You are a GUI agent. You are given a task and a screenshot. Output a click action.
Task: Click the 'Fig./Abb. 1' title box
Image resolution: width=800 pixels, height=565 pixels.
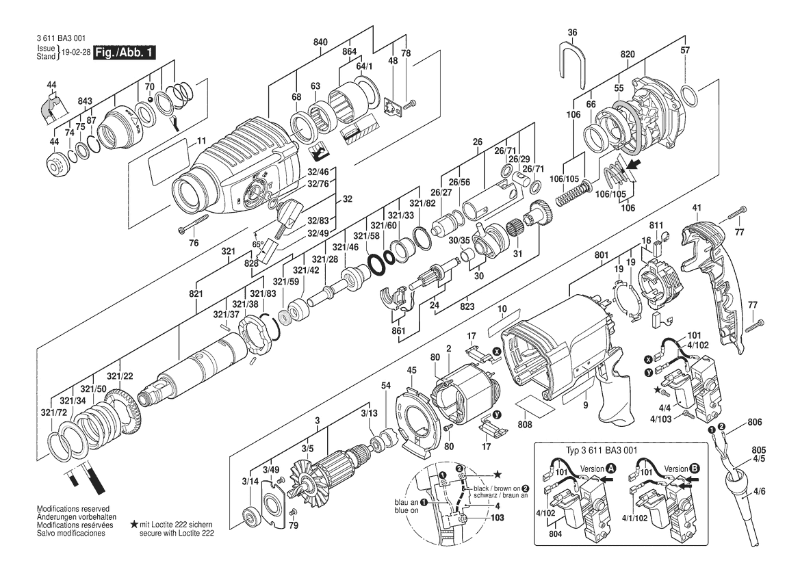tap(123, 53)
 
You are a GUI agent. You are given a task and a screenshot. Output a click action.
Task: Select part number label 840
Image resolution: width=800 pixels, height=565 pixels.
tap(320, 42)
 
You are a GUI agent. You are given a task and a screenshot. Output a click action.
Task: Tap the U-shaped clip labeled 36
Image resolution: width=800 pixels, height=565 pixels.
tap(572, 60)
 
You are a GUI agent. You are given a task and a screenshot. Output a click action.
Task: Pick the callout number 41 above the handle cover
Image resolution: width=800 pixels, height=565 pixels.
tap(697, 207)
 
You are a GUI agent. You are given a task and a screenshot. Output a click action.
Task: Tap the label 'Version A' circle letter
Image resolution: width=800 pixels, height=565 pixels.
tap(611, 469)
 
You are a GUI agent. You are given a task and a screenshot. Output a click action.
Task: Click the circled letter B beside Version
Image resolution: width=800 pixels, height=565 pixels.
tap(695, 469)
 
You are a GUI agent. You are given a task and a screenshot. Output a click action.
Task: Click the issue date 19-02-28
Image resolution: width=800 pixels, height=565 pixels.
tap(76, 53)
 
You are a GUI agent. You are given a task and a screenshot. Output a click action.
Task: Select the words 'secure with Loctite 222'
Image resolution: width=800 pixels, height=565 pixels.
tap(177, 534)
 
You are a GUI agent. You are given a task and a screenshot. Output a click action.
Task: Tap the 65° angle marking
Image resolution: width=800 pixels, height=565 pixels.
tap(258, 244)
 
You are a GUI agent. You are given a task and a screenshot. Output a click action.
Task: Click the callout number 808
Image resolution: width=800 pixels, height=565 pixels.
tap(524, 424)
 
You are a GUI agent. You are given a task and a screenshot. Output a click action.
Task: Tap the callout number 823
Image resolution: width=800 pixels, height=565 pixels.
tap(467, 306)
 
